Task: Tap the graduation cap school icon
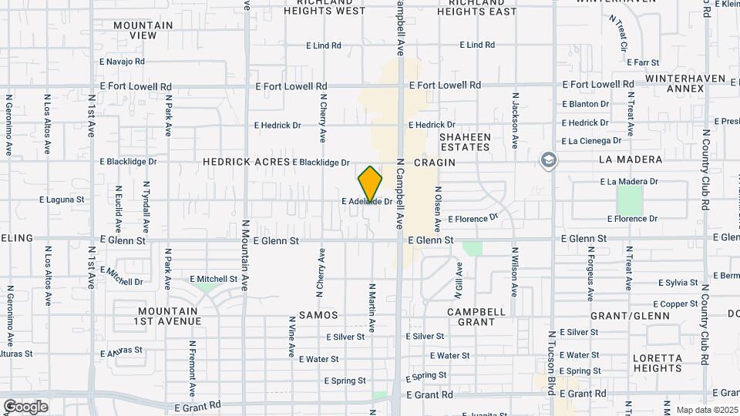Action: point(549,161)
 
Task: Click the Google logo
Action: point(25,407)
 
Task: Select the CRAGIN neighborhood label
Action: point(435,163)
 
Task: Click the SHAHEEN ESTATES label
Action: point(465,142)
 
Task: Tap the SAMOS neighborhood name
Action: point(318,316)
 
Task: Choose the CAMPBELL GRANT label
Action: point(477,317)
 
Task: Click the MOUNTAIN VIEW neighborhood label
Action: point(143,30)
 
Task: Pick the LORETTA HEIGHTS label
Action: point(658,364)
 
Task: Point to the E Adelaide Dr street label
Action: point(367,202)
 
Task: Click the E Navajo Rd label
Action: point(123,61)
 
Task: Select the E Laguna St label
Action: point(62,199)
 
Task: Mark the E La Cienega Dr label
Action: point(591,141)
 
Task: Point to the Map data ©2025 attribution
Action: point(706,409)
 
